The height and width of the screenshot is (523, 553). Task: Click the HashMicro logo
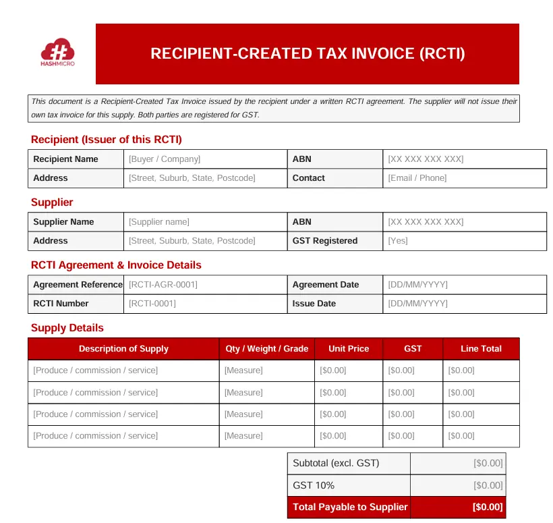57,53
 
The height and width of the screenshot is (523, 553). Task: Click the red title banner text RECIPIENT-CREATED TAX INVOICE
308,53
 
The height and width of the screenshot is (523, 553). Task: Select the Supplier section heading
52,202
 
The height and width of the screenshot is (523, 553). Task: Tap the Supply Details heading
67,328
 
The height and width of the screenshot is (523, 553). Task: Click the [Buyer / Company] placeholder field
165,159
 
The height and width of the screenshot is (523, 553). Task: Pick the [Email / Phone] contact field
417,178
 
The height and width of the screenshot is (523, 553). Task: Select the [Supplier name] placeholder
159,222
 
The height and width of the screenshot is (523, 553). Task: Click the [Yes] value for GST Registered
398,241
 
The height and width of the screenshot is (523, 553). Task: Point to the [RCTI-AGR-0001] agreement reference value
163,285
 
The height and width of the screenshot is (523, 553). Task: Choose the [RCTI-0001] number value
152,304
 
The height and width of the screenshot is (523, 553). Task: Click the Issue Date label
314,304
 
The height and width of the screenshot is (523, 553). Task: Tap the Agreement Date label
326,285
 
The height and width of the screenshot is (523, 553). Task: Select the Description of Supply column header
123,349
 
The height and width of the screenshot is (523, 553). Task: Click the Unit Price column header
349,349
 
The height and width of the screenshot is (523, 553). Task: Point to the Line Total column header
481,349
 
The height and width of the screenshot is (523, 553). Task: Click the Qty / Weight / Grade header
266,349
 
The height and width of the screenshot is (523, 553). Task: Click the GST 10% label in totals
314,485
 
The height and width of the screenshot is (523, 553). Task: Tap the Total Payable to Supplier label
350,507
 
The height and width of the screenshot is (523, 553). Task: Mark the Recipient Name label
65,159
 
